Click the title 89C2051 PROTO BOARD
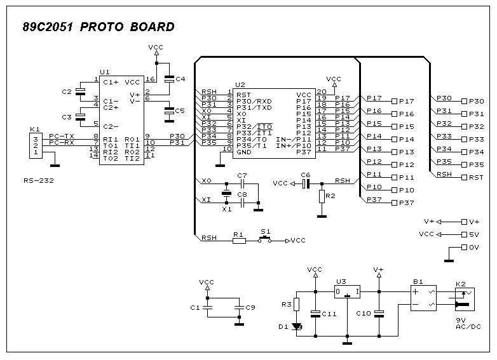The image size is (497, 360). click(99, 27)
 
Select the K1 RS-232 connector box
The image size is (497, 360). click(36, 145)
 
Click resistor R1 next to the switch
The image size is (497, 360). click(239, 241)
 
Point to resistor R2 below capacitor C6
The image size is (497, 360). click(322, 196)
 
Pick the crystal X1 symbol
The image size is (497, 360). click(226, 193)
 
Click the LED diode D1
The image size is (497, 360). click(297, 326)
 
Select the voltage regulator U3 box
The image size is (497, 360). click(347, 291)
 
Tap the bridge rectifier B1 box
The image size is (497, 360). click(423, 298)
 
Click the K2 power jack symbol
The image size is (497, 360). click(465, 299)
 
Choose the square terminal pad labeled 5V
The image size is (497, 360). click(464, 235)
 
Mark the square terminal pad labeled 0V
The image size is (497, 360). click(464, 247)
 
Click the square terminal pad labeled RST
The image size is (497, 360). click(464, 177)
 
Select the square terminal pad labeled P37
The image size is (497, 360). click(394, 203)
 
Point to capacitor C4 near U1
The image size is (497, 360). click(170, 79)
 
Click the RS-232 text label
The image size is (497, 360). click(39, 181)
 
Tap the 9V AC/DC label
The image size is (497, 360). click(468, 324)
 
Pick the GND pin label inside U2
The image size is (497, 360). click(244, 152)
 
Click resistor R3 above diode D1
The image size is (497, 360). click(296, 304)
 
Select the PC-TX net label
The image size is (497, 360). click(62, 136)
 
